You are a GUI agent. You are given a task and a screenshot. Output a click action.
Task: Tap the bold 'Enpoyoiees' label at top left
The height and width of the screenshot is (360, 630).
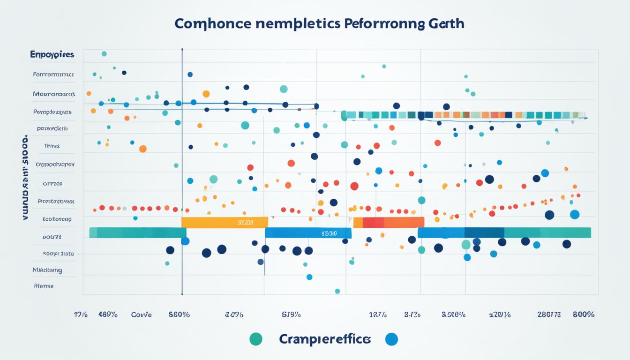click(x=52, y=55)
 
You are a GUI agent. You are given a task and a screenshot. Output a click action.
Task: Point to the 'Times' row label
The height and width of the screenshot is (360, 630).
click(x=52, y=146)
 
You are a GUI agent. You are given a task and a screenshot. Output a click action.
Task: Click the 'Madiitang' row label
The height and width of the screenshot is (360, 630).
click(x=47, y=270)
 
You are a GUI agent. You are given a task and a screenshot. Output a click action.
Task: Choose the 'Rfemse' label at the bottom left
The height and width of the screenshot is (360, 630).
click(x=44, y=285)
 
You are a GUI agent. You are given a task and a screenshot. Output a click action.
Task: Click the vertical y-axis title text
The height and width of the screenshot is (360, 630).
click(x=25, y=178)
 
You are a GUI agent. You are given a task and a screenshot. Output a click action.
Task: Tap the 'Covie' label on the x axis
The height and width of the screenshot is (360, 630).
click(x=141, y=315)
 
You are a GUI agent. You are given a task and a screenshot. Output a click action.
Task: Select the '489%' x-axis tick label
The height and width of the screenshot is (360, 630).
click(x=107, y=315)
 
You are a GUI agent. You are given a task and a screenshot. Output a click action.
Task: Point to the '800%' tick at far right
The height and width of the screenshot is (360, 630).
click(x=584, y=315)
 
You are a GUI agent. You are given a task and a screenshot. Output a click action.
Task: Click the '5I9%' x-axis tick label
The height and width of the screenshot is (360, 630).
click(x=291, y=315)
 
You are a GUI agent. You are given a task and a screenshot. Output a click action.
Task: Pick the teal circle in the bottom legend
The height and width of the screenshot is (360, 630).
click(x=256, y=339)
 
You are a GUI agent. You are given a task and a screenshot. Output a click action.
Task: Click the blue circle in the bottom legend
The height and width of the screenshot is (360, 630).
click(x=391, y=339)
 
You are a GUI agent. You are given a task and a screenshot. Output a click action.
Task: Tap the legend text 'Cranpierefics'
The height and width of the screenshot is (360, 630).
click(x=324, y=339)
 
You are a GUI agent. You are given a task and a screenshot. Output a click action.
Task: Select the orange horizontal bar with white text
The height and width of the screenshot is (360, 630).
click(x=225, y=223)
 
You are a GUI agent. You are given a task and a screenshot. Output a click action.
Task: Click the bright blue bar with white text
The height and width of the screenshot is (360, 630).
click(x=308, y=233)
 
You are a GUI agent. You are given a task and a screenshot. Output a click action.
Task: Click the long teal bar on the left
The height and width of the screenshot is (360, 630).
click(x=137, y=233)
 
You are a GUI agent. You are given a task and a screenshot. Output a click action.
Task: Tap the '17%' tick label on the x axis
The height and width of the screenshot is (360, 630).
click(x=81, y=315)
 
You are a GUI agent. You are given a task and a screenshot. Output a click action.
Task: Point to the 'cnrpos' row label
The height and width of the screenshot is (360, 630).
click(x=52, y=184)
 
